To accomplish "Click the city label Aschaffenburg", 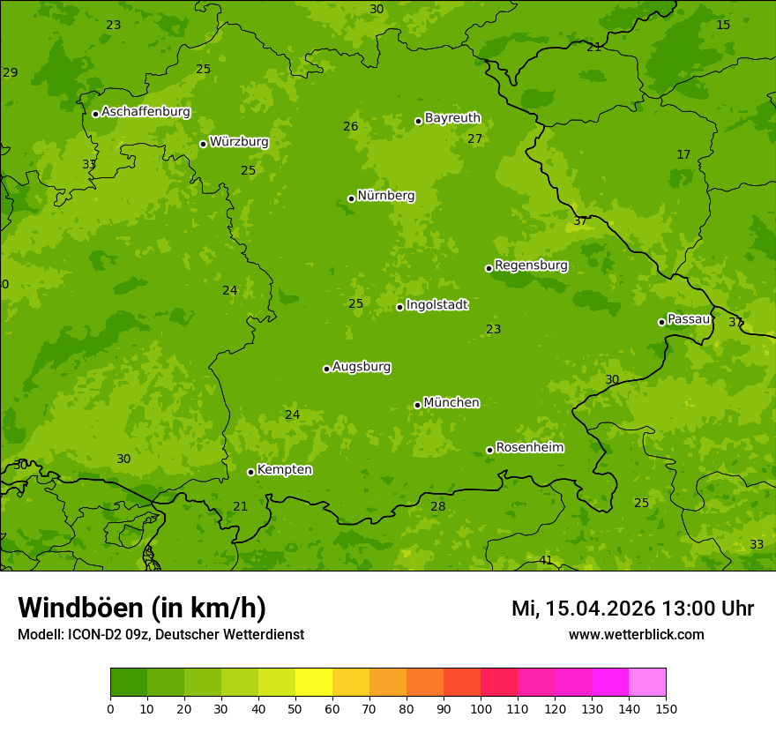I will [145, 112].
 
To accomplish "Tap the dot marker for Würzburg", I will [203, 144].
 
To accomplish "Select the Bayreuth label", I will [452, 118].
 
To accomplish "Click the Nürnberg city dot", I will [351, 198].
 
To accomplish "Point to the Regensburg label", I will [531, 265].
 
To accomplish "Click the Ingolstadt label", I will [436, 305].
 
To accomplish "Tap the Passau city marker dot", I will [661, 322].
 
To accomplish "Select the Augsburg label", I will [362, 367].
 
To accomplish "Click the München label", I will [451, 403].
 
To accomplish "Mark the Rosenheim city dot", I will [489, 451].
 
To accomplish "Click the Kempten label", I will [284, 470].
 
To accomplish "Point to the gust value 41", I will [546, 561].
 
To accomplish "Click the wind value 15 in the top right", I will [723, 25].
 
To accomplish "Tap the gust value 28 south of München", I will [438, 506].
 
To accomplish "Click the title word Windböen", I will [80, 608].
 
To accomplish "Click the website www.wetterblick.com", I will [636, 635].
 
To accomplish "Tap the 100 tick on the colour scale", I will [481, 708].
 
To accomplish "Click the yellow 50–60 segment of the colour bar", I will [314, 683].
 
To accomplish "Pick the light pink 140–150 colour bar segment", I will [647, 683].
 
